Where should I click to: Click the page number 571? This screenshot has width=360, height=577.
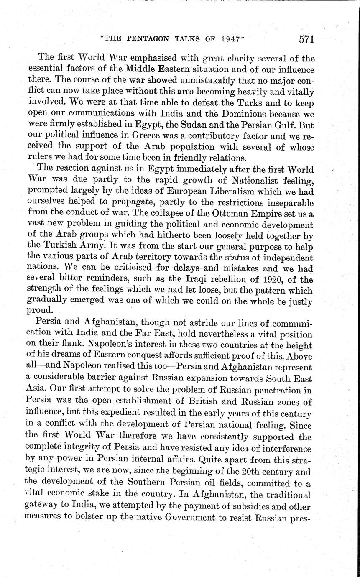pyautogui.click(x=306, y=39)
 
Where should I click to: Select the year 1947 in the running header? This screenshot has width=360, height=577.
pyautogui.click(x=230, y=40)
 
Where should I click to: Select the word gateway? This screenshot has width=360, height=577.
pyautogui.click(x=45, y=506)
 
